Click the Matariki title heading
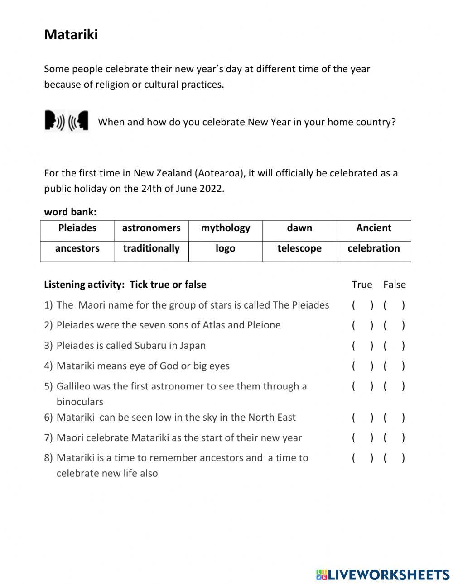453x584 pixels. pos(71,35)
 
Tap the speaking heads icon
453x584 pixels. pos(67,121)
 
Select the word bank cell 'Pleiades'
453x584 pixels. pos(77,228)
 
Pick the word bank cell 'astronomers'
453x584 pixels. pos(151,228)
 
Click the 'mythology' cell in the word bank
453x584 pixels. pos(226,228)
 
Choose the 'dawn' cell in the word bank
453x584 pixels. pos(299,228)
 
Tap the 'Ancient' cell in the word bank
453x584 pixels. pos(374,228)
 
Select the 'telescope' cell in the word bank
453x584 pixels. pos(299,248)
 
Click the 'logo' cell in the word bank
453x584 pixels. pos(226,248)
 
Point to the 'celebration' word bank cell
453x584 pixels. pos(374,248)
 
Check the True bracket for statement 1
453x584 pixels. pos(362,305)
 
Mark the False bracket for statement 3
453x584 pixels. pos(394,346)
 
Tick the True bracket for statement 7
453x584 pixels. pos(362,438)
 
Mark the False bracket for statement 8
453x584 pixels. pos(394,458)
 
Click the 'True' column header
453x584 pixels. pos(362,285)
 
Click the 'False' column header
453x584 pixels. pos(394,285)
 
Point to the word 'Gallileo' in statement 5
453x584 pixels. pos(75,386)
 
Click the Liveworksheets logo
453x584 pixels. pos(383,575)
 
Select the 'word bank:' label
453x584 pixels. pos(70,212)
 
